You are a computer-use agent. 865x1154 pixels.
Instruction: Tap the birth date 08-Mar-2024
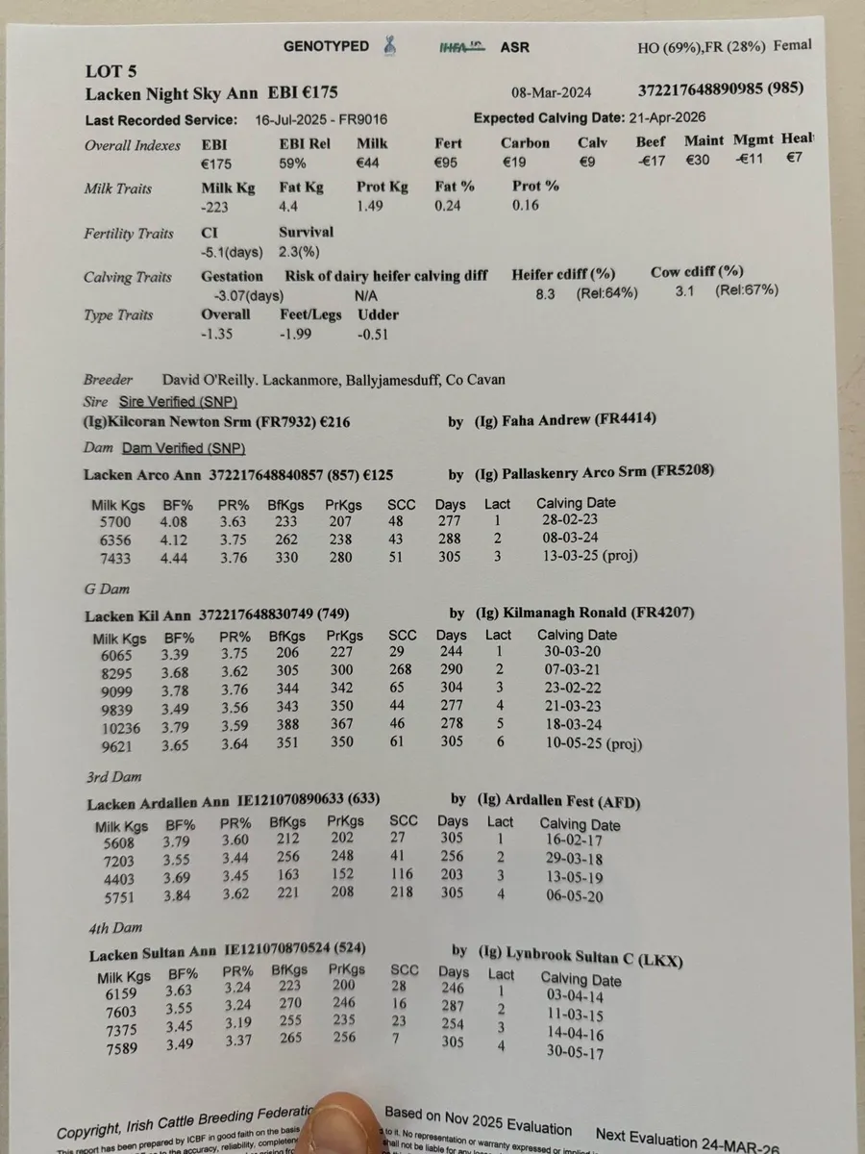point(551,92)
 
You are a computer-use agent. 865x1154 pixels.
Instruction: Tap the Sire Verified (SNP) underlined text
point(178,401)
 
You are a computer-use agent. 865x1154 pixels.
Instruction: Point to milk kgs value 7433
point(113,558)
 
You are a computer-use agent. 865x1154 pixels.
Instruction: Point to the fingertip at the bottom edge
point(343,1120)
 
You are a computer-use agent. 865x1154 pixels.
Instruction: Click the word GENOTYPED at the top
point(326,46)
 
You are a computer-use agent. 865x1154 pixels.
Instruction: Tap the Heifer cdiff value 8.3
point(547,292)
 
